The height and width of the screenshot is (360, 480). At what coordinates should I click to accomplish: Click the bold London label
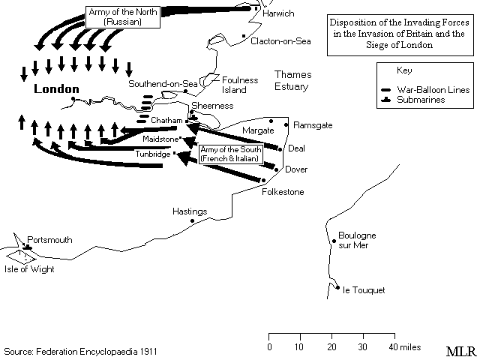56,89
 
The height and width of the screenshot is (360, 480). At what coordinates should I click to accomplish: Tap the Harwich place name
279,13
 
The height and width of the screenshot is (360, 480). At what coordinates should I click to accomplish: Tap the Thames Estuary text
291,81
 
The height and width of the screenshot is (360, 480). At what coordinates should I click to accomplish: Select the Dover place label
295,169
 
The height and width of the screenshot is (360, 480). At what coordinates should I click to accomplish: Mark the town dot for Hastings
193,221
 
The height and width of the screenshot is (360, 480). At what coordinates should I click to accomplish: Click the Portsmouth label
50,241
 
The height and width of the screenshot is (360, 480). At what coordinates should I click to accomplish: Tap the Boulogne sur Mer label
357,241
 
